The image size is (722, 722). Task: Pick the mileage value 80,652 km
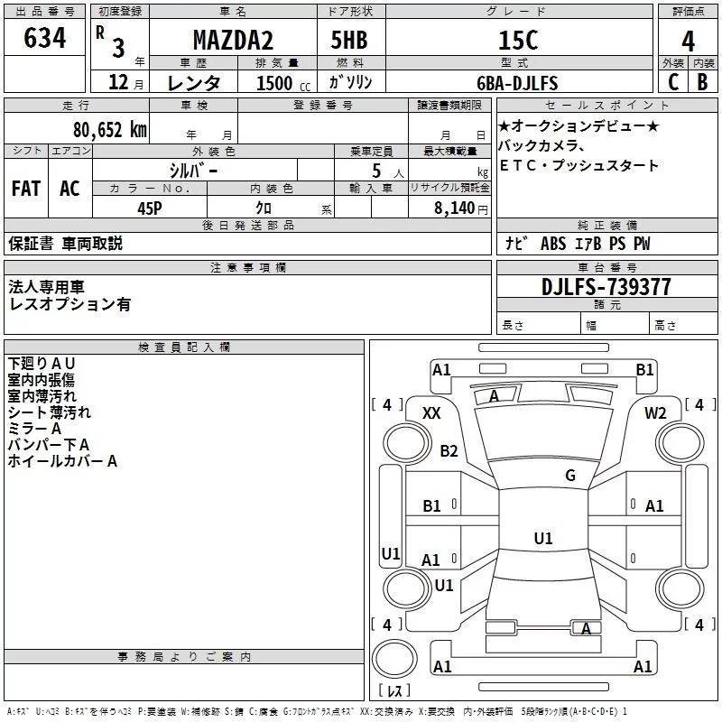tap(109, 129)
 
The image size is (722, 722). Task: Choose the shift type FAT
tap(25, 188)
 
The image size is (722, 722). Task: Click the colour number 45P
tap(149, 208)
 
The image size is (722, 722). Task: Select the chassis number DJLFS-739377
tap(606, 287)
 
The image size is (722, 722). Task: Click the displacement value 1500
tap(274, 83)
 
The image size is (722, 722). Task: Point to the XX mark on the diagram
tap(431, 412)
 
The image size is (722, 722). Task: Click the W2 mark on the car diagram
tap(655, 412)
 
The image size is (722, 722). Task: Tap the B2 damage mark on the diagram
tap(449, 450)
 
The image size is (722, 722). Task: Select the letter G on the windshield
tap(570, 475)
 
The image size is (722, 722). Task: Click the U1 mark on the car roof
tap(542, 538)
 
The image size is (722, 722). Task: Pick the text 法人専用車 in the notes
tap(46, 287)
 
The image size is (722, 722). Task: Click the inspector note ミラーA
tap(34, 429)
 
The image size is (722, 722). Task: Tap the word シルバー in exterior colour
tap(193, 170)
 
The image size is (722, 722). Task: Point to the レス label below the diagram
tap(393, 690)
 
